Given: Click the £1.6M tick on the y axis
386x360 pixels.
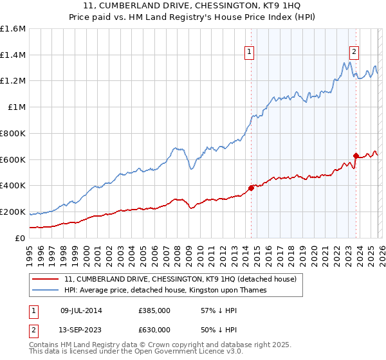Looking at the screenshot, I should point(13,29).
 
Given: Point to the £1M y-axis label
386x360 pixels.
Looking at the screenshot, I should point(15,107).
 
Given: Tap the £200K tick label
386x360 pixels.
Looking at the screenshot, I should point(13,212).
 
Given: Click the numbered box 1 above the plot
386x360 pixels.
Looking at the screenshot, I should point(249,53).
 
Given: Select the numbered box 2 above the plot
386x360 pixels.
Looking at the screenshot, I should point(354,53).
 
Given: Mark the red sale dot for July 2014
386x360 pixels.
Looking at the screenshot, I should point(251,188).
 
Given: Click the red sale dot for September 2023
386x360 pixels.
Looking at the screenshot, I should point(355,156).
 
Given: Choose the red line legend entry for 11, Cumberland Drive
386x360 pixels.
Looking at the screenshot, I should point(180,280).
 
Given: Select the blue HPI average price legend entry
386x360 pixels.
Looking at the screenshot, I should point(174,291).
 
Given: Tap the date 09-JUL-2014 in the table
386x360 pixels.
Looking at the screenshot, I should point(81,310).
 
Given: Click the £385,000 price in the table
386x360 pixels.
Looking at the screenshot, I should point(154,310).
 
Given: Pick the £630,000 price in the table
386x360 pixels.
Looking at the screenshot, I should point(154,329).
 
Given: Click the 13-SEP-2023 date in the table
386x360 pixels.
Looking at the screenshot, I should point(81,329).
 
